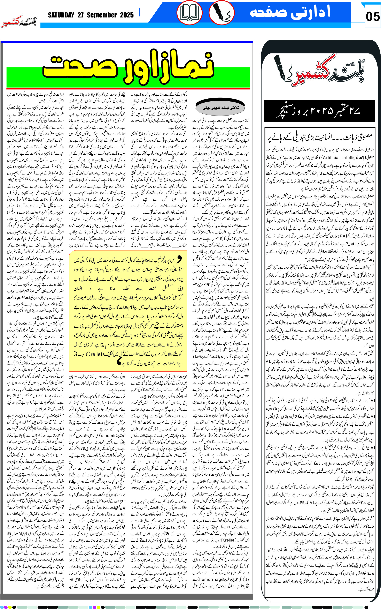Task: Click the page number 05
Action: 372,17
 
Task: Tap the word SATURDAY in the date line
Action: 61,15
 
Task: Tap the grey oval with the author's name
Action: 220,108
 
